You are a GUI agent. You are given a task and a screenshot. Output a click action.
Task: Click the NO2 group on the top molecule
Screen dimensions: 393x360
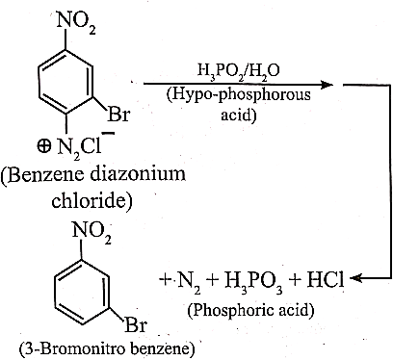pyautogui.click(x=76, y=23)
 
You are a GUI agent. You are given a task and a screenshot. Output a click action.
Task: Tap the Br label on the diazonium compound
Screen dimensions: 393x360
pyautogui.click(x=118, y=114)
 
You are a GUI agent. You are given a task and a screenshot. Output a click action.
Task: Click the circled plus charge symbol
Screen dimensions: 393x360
pyautogui.click(x=43, y=146)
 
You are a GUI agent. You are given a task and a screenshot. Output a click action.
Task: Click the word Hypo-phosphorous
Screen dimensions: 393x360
pyautogui.click(x=238, y=95)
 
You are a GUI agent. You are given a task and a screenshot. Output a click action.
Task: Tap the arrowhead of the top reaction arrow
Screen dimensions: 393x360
pyautogui.click(x=327, y=85)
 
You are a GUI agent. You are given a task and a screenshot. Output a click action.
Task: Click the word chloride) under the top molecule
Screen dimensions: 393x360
pyautogui.click(x=92, y=201)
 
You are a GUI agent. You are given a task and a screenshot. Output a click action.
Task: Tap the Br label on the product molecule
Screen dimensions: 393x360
pyautogui.click(x=135, y=325)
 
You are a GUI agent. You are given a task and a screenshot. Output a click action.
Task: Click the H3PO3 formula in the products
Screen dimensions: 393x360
pyautogui.click(x=253, y=281)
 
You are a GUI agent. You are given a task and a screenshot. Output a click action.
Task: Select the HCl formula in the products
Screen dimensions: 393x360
pyautogui.click(x=325, y=279)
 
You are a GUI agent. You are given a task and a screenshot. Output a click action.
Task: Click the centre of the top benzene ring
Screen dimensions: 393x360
pyautogui.click(x=65, y=83)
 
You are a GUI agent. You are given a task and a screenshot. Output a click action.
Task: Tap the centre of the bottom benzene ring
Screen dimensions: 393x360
pyautogui.click(x=82, y=292)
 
